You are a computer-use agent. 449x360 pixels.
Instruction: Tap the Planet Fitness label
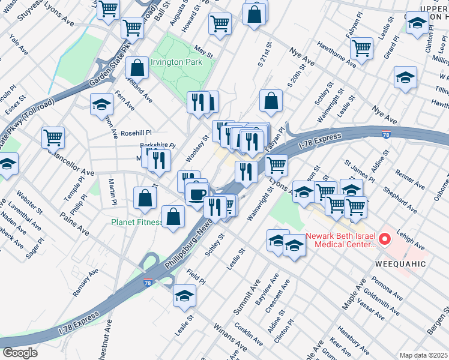click(x=137, y=222)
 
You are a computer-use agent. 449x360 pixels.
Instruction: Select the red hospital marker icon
click(x=384, y=240)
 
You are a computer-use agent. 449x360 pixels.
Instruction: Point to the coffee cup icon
click(x=196, y=193)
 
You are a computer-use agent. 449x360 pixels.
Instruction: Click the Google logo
click(x=20, y=353)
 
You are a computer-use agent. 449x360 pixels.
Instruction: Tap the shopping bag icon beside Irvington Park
click(x=137, y=68)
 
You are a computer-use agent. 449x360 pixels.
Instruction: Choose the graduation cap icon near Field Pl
click(x=184, y=295)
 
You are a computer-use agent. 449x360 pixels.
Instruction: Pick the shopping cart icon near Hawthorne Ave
click(x=361, y=47)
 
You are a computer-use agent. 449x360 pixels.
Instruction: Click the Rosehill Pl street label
click(x=137, y=133)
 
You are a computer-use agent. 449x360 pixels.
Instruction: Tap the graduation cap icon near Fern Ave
click(x=102, y=104)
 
